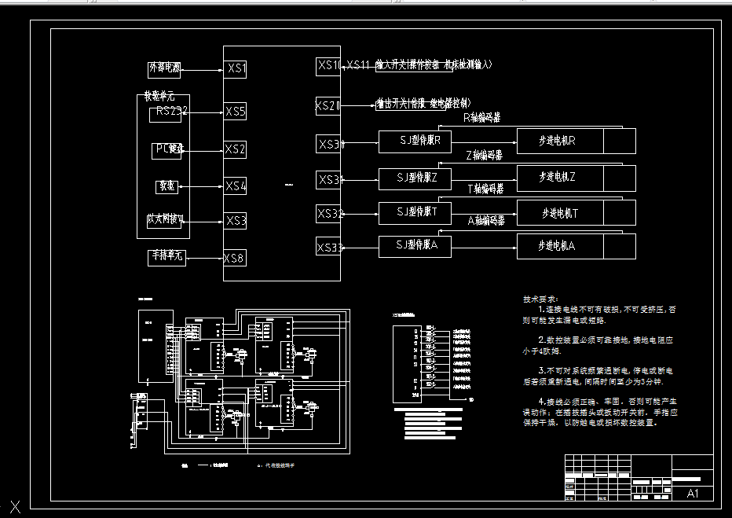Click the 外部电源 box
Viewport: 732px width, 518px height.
coord(164,68)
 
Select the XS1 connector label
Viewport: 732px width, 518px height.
coord(236,69)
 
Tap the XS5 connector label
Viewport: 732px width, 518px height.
coord(236,112)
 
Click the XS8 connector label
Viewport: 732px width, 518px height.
coord(234,258)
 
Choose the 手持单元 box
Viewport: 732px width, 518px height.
coord(167,256)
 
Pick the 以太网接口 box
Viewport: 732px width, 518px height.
coord(166,220)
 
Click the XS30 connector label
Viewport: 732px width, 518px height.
coord(331,144)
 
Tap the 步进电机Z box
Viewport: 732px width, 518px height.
coord(559,178)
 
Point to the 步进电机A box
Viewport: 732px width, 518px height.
coord(559,246)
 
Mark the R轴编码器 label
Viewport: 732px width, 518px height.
coord(482,119)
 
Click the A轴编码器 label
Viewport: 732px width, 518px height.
coord(486,221)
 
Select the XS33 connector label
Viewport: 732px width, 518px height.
coord(330,248)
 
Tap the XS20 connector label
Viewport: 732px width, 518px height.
coord(328,105)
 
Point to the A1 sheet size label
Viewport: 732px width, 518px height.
coord(693,494)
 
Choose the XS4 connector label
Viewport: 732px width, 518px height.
coord(236,186)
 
